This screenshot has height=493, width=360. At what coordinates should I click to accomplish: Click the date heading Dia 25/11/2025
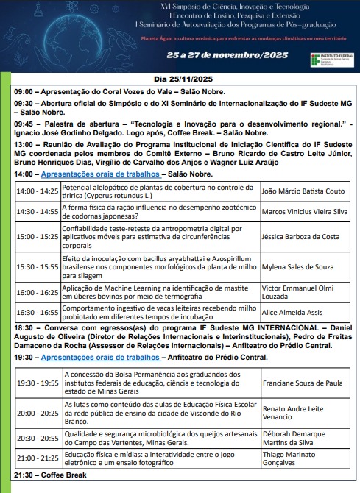pyautogui.click(x=180, y=78)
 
